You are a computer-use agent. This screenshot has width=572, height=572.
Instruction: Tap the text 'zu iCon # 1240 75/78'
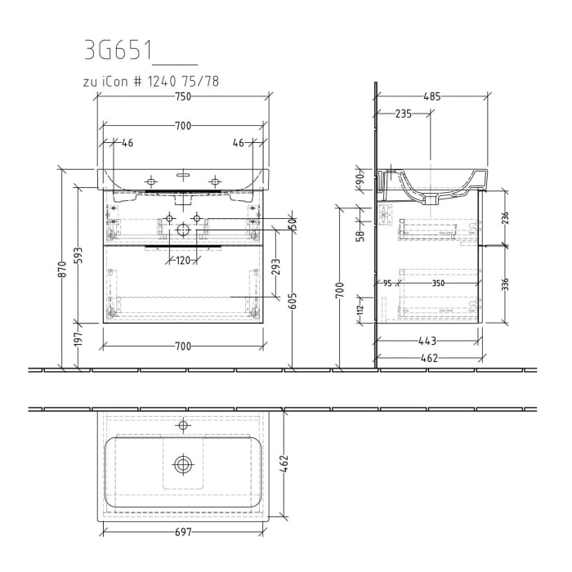point(151,81)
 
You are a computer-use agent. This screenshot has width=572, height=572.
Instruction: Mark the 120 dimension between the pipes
point(182,260)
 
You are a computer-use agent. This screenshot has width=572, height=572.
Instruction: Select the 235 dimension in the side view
point(403,114)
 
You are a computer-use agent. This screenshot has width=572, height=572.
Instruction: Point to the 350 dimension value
point(439,283)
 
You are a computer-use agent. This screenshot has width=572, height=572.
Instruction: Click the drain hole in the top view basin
point(183,464)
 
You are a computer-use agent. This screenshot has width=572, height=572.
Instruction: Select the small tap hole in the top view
point(183,425)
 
